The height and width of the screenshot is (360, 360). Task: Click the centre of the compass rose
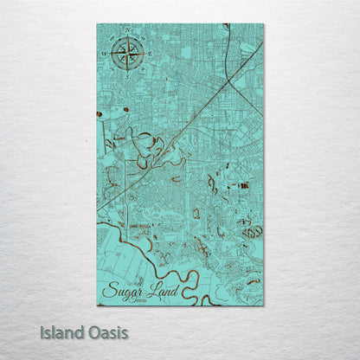pos(127,55)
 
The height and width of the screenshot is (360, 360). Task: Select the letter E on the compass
pos(148,55)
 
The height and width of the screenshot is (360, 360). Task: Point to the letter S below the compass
pos(127,76)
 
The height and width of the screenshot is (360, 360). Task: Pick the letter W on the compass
pos(106,55)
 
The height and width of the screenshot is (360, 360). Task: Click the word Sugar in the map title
pos(122,290)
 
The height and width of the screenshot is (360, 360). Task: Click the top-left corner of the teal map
pos(97,24)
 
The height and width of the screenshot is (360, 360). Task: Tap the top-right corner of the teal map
pos(263,24)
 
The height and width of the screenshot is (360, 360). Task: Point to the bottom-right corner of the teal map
pos(263,305)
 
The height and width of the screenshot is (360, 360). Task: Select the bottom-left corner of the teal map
pos(97,305)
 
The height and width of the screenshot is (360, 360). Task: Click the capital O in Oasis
pos(92,331)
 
